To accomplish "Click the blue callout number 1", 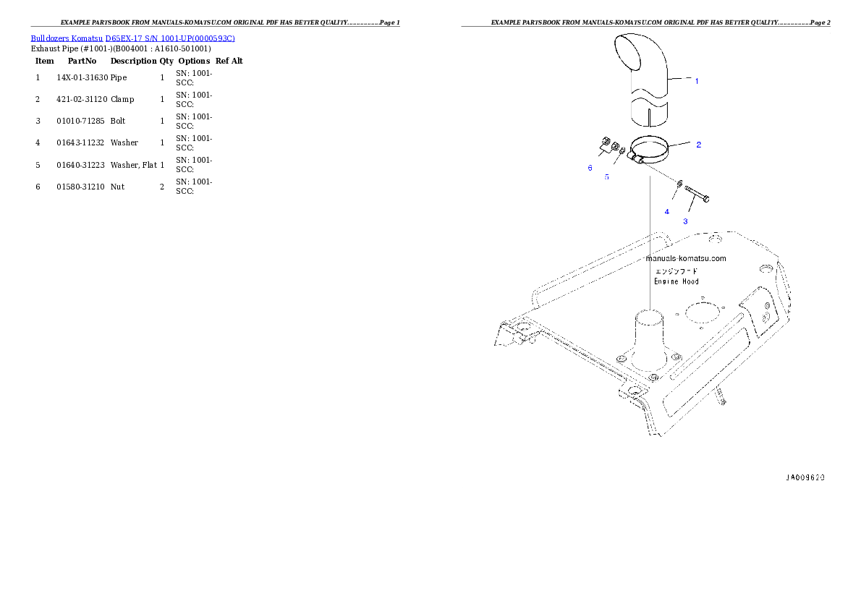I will click(x=697, y=81).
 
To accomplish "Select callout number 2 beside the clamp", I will click(x=698, y=145).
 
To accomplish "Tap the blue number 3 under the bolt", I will click(x=685, y=221).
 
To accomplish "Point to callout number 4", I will click(x=667, y=212).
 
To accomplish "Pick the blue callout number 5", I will click(x=606, y=176).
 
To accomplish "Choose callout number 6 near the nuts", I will click(x=590, y=168).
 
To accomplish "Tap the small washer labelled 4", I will click(x=679, y=184).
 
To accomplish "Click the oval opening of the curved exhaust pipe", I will click(x=628, y=51).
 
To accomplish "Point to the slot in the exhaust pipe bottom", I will click(x=650, y=118).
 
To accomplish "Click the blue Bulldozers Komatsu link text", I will click(x=132, y=38).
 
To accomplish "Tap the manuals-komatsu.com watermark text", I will click(x=685, y=258).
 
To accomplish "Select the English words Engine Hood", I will click(x=676, y=281).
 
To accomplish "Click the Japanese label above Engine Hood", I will click(x=676, y=271).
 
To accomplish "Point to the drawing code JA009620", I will click(x=805, y=477).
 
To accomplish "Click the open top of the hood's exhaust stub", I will click(x=650, y=316).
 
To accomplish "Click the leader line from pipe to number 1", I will click(x=682, y=79).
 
